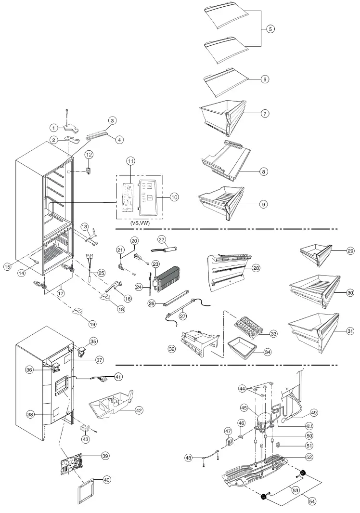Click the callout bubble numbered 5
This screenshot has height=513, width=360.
pos(271,29)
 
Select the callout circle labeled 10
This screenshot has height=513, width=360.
pos(174,197)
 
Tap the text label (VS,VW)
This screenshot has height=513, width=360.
pos(139,224)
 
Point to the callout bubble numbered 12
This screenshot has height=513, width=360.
pos(89,154)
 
